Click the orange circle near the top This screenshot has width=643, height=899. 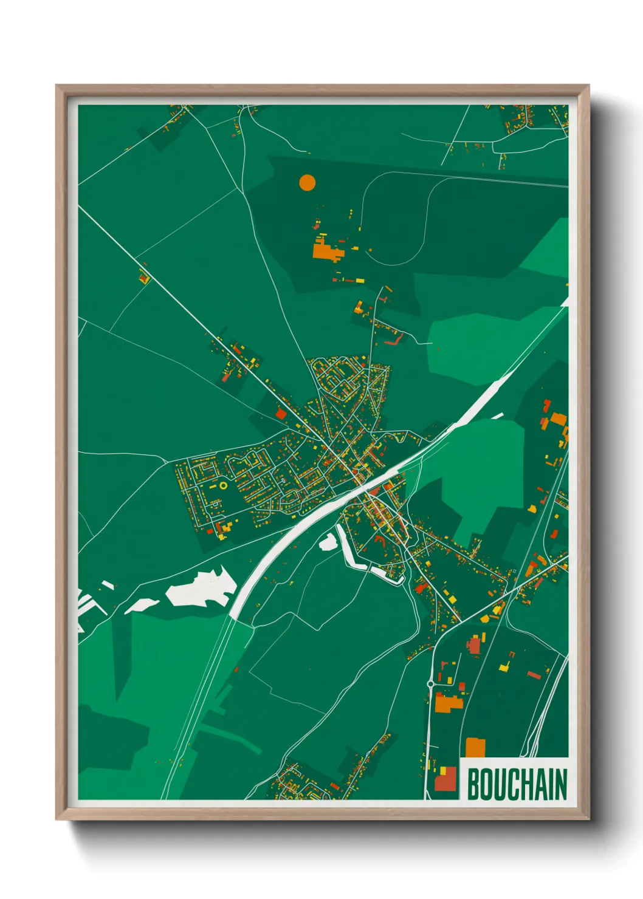pyautogui.click(x=308, y=182)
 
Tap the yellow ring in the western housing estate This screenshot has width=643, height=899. pyautogui.click(x=223, y=485)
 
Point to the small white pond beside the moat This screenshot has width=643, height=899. pyautogui.click(x=328, y=542)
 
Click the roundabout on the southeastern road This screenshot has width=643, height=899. pyautogui.click(x=430, y=684)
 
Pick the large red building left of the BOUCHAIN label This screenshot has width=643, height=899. pyautogui.click(x=445, y=779)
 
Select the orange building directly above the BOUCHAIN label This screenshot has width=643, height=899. pyautogui.click(x=475, y=748)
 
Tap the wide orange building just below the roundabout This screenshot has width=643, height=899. pyautogui.click(x=449, y=703)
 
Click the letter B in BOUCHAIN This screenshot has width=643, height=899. pyautogui.click(x=473, y=784)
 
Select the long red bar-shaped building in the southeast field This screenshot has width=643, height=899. pyautogui.click(x=534, y=674)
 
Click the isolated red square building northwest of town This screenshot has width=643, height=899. pyautogui.click(x=281, y=414)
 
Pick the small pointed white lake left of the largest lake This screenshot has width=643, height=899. pyautogui.click(x=140, y=605)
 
